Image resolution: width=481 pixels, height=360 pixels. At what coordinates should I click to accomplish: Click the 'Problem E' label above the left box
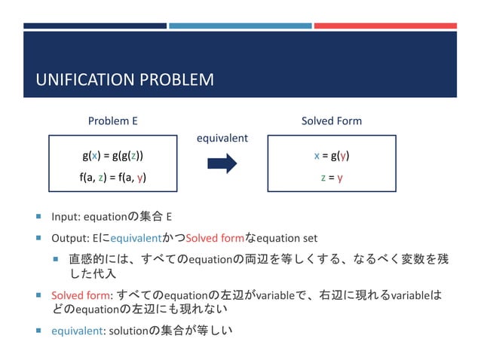click(113, 121)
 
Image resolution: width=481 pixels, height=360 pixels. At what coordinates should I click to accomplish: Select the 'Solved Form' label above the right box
click(331, 121)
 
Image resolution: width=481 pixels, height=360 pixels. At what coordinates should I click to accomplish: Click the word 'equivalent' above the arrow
click(222, 139)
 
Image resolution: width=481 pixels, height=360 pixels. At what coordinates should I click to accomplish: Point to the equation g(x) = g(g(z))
click(113, 156)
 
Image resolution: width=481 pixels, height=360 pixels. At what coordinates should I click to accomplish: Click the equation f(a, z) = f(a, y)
click(113, 178)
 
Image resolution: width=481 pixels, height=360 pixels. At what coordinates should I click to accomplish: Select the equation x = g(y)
click(331, 156)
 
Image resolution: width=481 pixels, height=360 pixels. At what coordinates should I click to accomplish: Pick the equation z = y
click(331, 178)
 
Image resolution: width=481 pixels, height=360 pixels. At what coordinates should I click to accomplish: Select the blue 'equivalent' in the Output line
click(136, 239)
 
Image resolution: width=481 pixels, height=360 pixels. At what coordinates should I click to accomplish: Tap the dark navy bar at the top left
click(94, 26)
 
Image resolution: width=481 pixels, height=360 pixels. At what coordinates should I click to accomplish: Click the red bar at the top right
click(385, 26)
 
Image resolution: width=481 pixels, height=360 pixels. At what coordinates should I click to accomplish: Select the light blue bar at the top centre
click(240, 26)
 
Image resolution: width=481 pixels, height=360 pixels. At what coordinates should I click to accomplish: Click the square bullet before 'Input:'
click(38, 218)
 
